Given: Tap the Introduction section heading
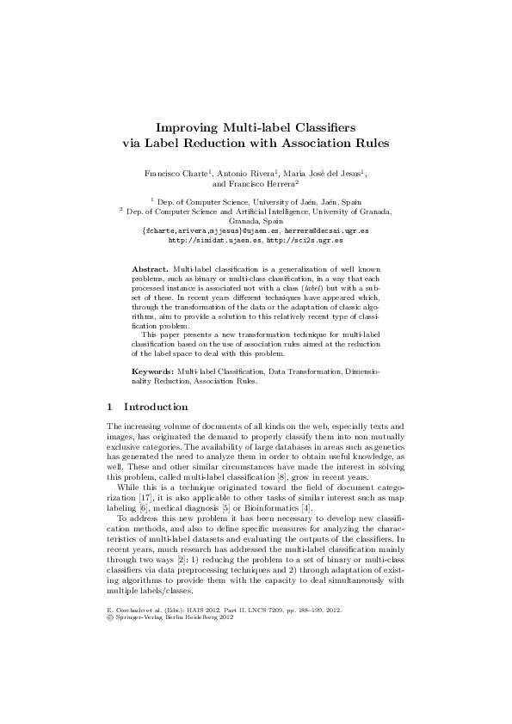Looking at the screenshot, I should coord(163,406).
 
